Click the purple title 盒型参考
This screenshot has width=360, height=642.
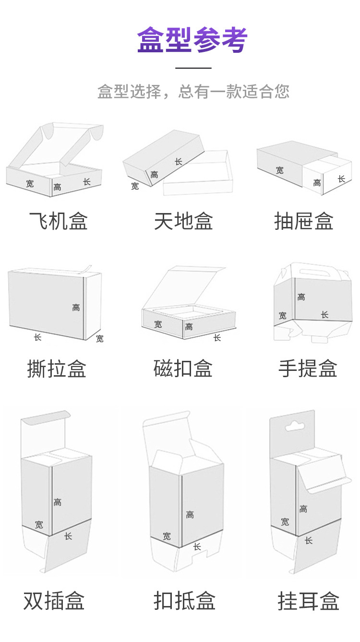192,40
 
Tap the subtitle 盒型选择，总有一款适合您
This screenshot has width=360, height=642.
193,91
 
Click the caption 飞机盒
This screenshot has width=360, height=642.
59,222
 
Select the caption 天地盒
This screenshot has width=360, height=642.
183,222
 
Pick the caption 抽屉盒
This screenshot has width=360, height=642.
304,222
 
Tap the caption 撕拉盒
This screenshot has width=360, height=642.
57,369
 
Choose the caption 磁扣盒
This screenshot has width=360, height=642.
183,369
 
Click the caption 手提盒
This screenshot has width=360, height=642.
308,369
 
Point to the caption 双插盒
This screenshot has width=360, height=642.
54,601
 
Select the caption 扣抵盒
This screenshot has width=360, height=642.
184,601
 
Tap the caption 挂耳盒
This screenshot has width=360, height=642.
308,601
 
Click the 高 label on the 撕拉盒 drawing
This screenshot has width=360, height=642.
76,308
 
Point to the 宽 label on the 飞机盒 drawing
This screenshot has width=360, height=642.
30,184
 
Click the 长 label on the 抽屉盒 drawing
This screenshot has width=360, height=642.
341,179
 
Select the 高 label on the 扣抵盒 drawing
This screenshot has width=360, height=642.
190,515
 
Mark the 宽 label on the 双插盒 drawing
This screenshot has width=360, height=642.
39,525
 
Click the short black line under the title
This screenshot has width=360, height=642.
193,68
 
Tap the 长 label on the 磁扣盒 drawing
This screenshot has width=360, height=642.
217,338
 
